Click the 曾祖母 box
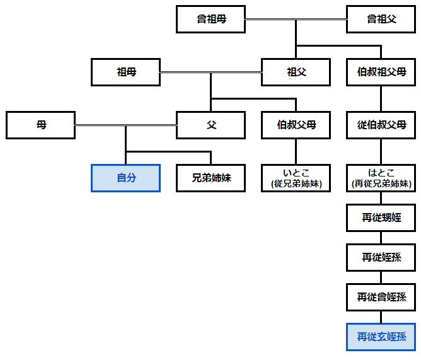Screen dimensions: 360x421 [211, 20]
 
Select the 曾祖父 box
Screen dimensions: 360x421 [381, 20]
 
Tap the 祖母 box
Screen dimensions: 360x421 [126, 72]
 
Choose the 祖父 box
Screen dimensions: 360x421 [296, 72]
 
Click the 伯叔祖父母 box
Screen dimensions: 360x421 [381, 72]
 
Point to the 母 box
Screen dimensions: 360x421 [41, 125]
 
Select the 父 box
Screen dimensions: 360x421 [211, 125]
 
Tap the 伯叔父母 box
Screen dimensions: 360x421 [296, 125]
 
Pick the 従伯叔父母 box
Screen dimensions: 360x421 [381, 125]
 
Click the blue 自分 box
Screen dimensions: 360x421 [126, 178]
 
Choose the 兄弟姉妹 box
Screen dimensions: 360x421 [211, 178]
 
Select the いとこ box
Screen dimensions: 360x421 [296, 178]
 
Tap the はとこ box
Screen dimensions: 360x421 [381, 178]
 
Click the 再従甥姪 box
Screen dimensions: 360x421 [381, 218]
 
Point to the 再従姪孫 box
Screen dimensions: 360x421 [381, 257]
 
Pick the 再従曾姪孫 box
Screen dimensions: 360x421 [381, 297]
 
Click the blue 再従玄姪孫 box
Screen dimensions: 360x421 [381, 337]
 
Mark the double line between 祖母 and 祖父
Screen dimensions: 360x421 [211, 73]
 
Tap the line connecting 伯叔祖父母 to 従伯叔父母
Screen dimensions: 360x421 [381, 98]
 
